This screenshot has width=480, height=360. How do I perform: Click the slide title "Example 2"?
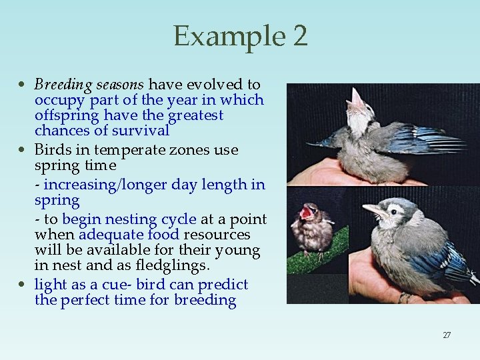240,36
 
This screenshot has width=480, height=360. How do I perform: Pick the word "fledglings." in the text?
175,265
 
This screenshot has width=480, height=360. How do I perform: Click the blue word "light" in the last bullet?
51,285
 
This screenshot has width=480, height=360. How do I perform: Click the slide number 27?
447,335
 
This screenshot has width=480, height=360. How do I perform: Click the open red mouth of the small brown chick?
307,213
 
